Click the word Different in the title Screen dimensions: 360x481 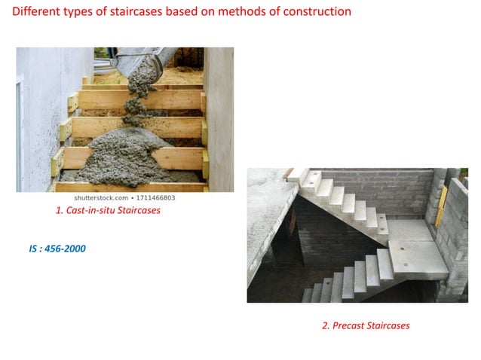click(x=35, y=12)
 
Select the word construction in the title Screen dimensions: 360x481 click(x=315, y=12)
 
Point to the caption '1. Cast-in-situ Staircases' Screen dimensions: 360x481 click(x=108, y=211)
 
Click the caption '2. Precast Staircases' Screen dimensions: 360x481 click(x=366, y=325)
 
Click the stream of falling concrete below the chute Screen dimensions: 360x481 click(x=136, y=90)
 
